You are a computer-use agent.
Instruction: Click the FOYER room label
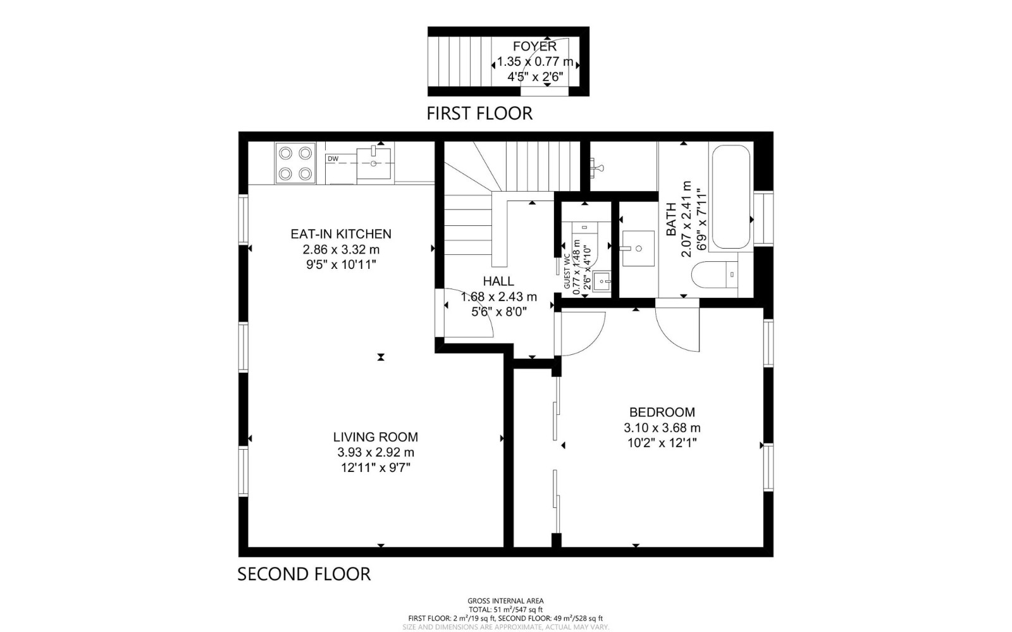point(534,46)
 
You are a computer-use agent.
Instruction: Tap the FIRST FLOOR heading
point(479,113)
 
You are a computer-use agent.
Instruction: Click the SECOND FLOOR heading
point(304,574)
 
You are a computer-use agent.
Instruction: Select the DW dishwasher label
point(333,159)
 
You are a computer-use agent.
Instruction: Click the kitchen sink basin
point(374,163)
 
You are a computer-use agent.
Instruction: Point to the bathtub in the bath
point(731,197)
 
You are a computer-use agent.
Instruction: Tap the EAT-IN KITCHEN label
point(341,234)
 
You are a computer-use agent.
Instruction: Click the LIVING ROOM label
point(376,437)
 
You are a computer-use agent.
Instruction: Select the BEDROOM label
point(662,412)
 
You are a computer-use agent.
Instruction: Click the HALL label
point(498,282)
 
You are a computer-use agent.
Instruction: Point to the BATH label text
point(671,219)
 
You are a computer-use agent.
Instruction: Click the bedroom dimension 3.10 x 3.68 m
point(662,428)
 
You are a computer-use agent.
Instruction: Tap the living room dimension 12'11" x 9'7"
point(376,468)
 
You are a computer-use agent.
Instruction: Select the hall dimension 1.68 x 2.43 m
point(499,297)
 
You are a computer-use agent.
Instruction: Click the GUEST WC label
point(567,271)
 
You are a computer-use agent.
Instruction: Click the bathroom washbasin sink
point(638,249)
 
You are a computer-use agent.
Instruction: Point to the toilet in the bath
point(715,275)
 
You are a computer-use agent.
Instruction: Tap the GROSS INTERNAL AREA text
point(505,601)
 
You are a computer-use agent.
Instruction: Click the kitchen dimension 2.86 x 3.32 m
point(341,249)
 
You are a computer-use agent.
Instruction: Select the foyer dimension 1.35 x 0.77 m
point(535,61)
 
